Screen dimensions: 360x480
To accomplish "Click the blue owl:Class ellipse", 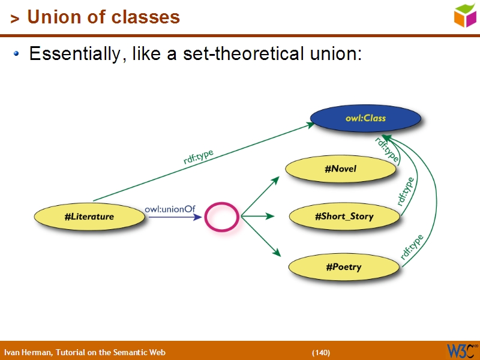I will tap(365, 118).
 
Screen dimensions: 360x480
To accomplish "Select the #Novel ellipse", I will tap(340, 169).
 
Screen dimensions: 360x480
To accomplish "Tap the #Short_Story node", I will tap(344, 216).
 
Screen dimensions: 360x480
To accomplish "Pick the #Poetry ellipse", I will tap(344, 266).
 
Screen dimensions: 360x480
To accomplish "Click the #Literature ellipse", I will tap(89, 217).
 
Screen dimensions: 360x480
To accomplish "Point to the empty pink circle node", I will tap(222, 217).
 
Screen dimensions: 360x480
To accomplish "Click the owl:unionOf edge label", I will tap(170, 209).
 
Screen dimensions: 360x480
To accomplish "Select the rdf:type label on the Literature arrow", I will tap(199, 157).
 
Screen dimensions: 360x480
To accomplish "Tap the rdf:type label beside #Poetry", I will tap(412, 246).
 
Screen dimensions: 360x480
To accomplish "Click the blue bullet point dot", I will tap(17, 54).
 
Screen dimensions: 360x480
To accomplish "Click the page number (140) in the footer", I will tap(320, 352).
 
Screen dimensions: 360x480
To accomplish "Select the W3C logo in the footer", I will tap(461, 350).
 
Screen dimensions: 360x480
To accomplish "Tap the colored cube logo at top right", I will tap(465, 14).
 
